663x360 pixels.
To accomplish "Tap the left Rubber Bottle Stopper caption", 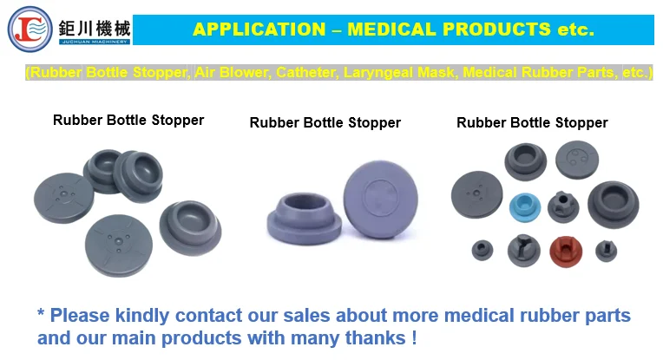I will [x=128, y=120].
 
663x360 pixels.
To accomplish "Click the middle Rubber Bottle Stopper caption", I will [x=325, y=122].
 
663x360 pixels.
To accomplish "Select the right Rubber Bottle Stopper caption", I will [x=532, y=122].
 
